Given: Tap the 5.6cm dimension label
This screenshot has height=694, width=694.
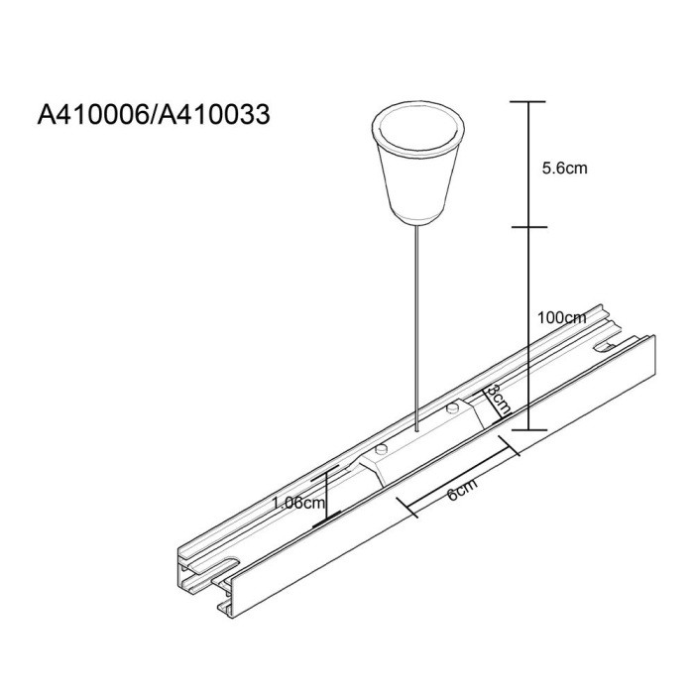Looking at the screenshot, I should click(564, 169).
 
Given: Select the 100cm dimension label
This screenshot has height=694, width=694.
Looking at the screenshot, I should click(560, 318).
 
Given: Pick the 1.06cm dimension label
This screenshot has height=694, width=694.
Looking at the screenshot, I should click(298, 503).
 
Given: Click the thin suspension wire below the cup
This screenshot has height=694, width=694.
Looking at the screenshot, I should click(417, 317).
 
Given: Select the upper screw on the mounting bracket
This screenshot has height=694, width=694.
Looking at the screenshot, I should click(452, 406).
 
